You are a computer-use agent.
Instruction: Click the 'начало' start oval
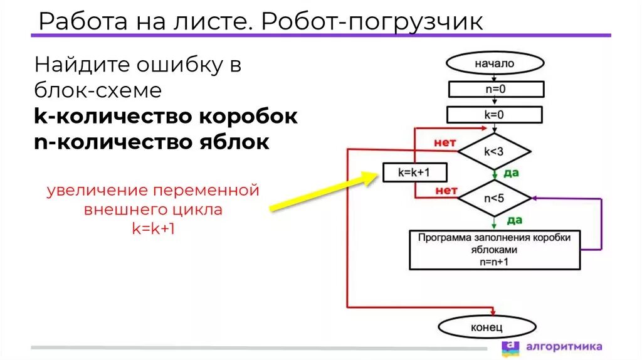tap(494, 63)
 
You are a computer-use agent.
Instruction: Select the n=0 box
tap(495, 89)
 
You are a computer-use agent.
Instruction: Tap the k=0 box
tap(495, 115)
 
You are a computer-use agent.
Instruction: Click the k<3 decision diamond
tap(495, 151)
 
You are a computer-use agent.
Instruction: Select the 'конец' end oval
tap(487, 327)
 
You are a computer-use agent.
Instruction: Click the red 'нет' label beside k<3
tap(445, 144)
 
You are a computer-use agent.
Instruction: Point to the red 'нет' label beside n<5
tap(446, 190)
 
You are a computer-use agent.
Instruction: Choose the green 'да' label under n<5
tap(514, 220)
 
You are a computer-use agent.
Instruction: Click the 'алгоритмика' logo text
tap(564, 346)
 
